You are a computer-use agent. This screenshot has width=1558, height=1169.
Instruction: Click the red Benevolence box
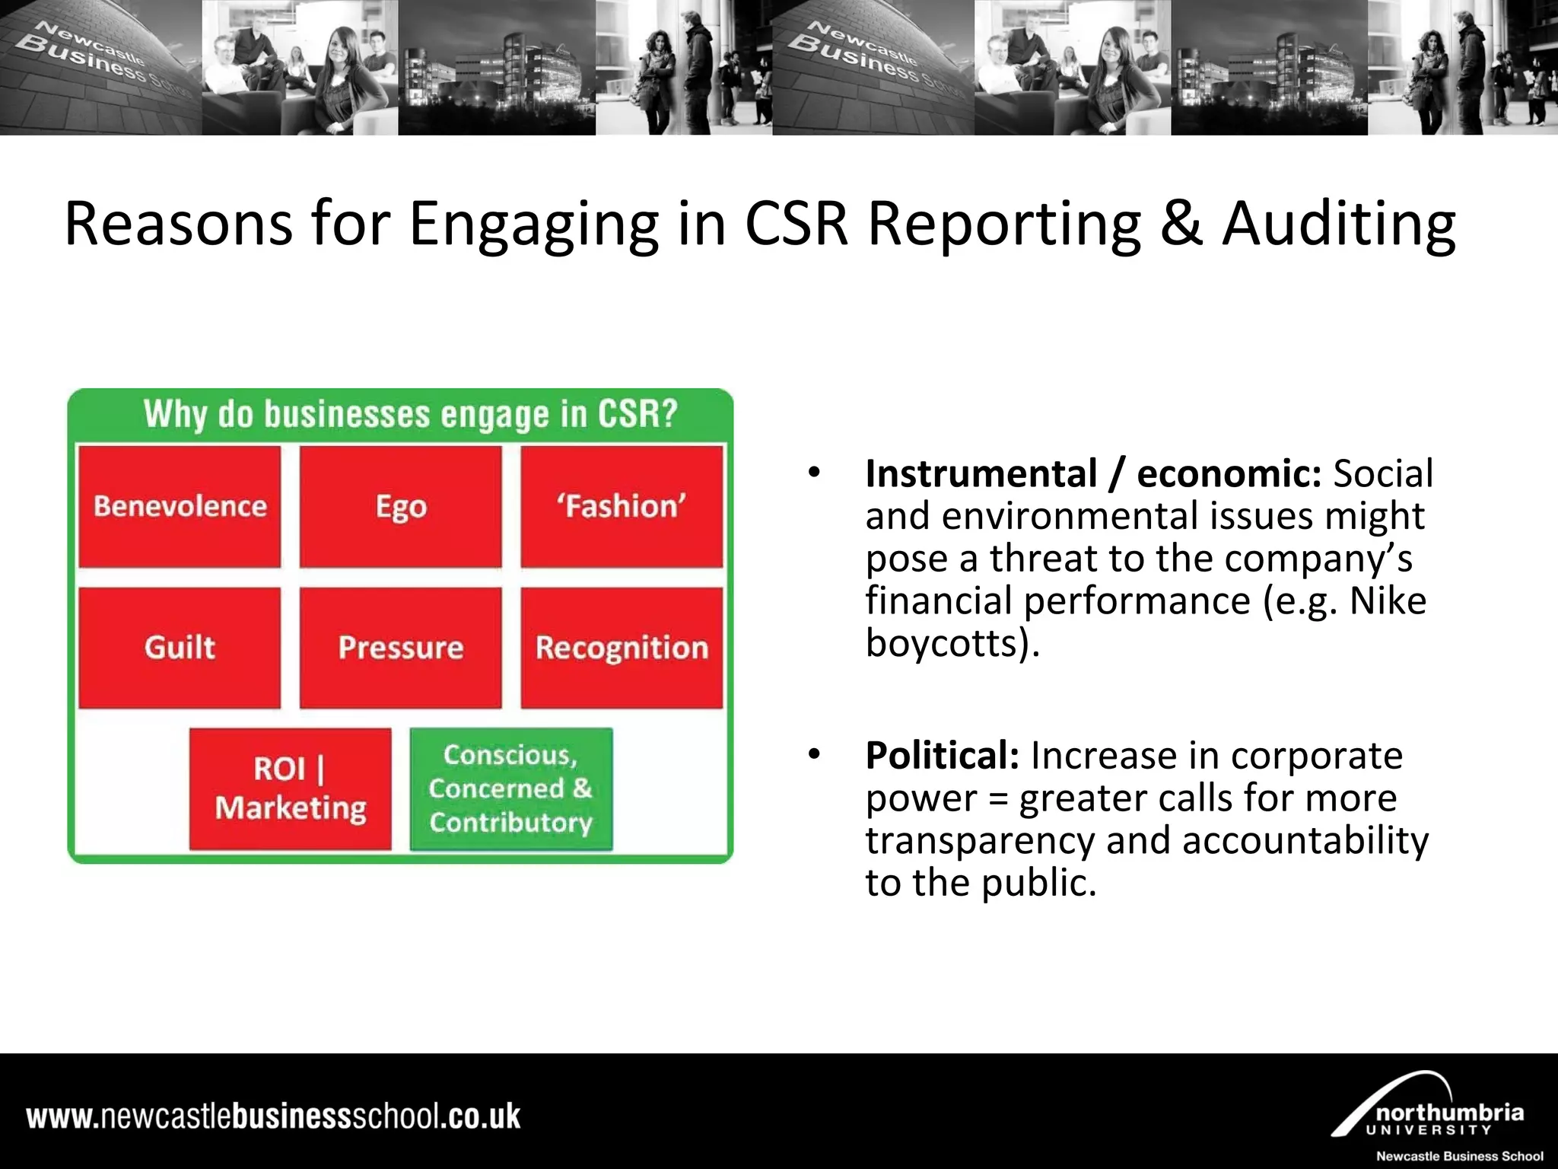(x=180, y=507)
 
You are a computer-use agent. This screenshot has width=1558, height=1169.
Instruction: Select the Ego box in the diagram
(x=401, y=507)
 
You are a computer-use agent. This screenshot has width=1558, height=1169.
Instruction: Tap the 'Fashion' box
(x=622, y=507)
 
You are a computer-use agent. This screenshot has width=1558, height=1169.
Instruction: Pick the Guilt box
(x=180, y=648)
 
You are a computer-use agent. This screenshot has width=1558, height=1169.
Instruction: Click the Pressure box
(x=401, y=648)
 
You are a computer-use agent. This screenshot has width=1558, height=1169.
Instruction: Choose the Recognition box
(x=622, y=648)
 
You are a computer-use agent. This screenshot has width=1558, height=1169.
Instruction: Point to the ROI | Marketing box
(x=291, y=788)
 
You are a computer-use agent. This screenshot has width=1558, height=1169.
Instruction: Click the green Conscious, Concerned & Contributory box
(x=510, y=788)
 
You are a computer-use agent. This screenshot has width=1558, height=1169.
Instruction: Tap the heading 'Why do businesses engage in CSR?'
(x=410, y=415)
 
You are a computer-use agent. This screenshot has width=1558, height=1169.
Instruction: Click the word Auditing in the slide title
(x=1339, y=225)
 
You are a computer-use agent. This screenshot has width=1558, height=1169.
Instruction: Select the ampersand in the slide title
(x=1181, y=225)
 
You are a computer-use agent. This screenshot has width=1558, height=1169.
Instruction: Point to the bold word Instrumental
(x=981, y=473)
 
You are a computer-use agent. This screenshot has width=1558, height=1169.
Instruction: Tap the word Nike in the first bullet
(x=1388, y=601)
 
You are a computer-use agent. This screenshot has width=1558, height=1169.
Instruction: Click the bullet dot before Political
(x=815, y=754)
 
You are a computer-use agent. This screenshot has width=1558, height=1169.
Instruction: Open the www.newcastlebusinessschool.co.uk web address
(x=273, y=1116)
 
